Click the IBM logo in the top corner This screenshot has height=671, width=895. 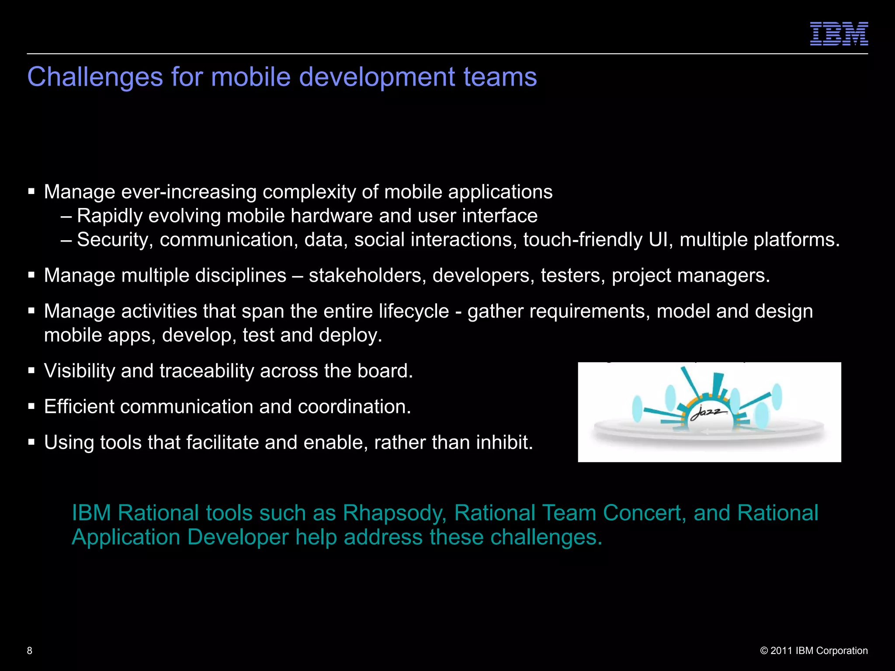839,34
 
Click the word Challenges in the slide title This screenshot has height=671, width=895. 95,77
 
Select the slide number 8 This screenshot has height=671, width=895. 30,650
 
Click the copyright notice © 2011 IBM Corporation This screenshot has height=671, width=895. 814,650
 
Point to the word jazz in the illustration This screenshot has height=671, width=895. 708,412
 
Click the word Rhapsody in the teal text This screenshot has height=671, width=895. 394,513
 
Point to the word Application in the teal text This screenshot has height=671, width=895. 126,537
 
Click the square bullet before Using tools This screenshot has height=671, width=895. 31,442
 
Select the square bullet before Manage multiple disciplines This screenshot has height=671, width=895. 31,275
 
